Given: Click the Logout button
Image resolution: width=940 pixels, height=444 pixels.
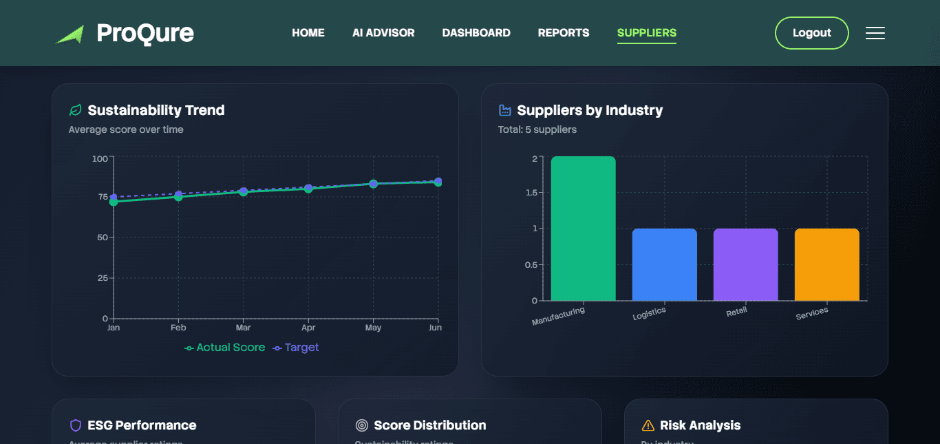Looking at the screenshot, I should point(811,33).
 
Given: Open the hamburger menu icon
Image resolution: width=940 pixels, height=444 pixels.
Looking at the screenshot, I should point(875,33).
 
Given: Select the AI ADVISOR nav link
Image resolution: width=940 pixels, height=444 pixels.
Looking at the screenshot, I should point(383,33).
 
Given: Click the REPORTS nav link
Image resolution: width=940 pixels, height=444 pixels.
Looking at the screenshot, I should point(563,33).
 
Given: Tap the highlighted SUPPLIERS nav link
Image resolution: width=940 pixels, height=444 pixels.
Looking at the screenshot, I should point(646,33).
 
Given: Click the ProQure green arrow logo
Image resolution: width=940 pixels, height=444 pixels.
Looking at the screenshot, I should point(70,34).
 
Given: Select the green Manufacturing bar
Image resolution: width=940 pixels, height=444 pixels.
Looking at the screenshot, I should point(583,229).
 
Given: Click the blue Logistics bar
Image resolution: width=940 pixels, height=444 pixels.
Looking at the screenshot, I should point(664,264).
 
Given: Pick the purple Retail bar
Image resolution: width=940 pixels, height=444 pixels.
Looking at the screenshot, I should point(745,264).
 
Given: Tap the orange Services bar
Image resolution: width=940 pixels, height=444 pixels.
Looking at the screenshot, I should point(826,264).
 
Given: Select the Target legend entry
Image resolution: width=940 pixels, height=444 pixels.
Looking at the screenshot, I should point(296,348).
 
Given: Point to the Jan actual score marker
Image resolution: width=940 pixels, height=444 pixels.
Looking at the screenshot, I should point(114,202).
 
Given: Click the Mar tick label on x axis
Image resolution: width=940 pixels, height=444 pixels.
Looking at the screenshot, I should point(243,328).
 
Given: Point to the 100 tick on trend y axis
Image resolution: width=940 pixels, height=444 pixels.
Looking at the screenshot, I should point(100,159).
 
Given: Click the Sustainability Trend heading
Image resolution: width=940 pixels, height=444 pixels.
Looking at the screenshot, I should point(156,110).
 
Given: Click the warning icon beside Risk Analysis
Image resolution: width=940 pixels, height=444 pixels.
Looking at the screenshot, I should point(648,425).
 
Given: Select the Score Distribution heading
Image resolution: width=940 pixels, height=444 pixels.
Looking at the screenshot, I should point(429,425).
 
